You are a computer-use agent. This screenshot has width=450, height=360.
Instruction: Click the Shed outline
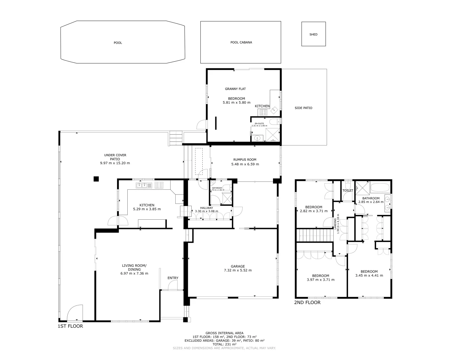click(313, 34)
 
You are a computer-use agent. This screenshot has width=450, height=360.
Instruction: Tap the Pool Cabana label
click(241, 42)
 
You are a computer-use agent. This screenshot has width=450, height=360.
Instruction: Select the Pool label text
click(118, 43)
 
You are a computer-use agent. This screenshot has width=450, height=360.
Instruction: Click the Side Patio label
click(303, 108)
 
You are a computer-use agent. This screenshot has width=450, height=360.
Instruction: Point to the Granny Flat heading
click(235, 89)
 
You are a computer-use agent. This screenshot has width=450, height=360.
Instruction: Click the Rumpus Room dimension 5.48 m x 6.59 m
click(245, 164)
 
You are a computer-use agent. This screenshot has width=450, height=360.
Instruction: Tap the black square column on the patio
click(96, 179)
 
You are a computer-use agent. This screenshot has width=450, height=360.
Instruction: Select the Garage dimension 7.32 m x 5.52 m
click(238, 270)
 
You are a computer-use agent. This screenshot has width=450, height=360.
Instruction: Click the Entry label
click(173, 278)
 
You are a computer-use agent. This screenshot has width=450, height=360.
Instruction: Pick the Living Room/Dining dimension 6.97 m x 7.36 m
click(134, 273)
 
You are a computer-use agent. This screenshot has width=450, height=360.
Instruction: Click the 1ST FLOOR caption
click(70, 326)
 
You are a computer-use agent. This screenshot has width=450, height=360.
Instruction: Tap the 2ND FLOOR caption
click(307, 302)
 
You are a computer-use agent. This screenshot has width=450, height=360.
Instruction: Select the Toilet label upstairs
click(348, 190)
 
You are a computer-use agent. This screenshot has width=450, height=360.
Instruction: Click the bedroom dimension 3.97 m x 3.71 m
click(320, 280)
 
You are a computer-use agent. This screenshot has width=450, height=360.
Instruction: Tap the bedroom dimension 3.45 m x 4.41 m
click(369, 276)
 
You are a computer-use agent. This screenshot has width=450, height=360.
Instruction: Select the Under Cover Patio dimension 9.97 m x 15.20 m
click(115, 163)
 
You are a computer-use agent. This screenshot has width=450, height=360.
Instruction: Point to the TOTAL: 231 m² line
click(224, 344)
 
